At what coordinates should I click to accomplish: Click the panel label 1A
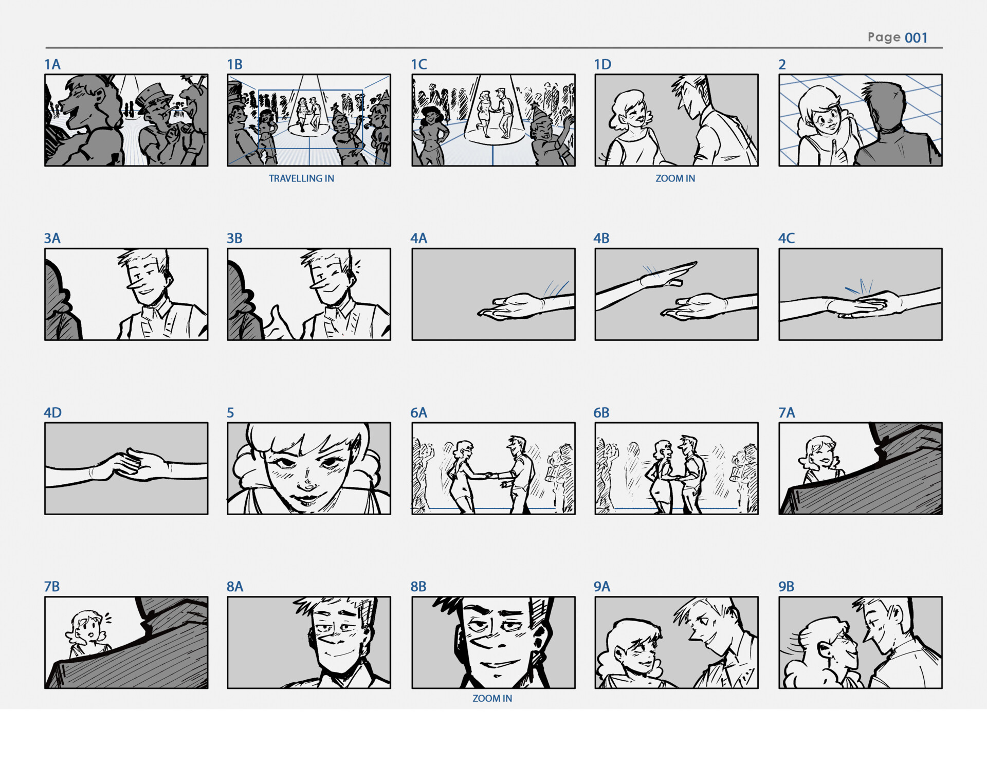pos(52,64)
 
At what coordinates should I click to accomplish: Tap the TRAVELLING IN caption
pos(301,178)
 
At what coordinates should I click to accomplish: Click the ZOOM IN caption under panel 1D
pos(675,178)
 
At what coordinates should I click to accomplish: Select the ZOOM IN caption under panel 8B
pos(492,698)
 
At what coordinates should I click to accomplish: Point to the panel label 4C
pos(786,238)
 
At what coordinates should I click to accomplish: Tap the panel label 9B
pos(786,586)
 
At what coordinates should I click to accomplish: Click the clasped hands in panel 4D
pos(130,464)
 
